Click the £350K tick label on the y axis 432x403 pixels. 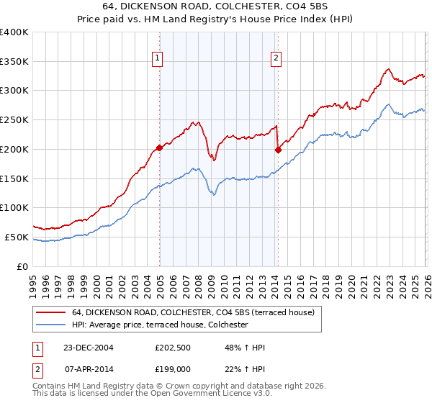(14, 62)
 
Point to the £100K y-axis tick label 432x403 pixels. (14, 208)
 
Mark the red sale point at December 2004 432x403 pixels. (159, 148)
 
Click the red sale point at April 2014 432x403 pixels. (277, 150)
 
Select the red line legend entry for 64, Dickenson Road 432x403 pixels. (192, 312)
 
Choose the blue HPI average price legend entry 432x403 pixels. (159, 325)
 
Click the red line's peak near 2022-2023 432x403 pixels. (388, 69)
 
